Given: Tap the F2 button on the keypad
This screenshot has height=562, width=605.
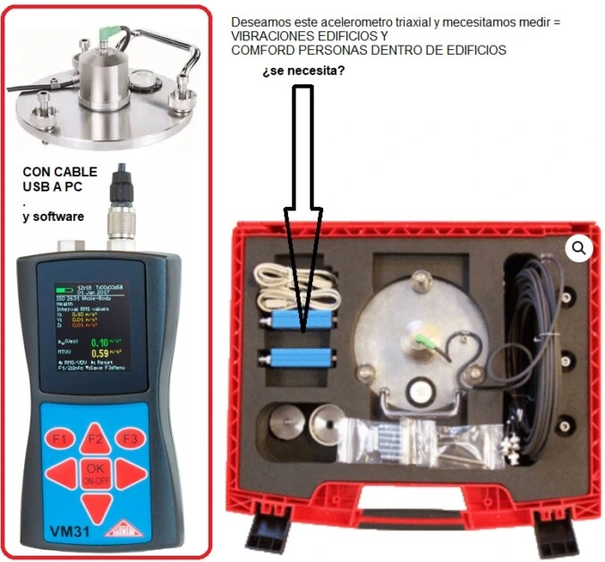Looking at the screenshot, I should tap(95, 438).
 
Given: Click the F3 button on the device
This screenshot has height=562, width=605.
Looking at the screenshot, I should tap(131, 439).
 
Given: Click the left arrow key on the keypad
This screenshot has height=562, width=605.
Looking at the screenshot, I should tap(60, 473).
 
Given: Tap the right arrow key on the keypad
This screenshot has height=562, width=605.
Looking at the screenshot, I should tap(131, 473).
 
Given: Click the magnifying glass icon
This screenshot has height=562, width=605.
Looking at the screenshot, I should tap(579, 247).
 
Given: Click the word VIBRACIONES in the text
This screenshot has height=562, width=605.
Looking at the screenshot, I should tap(267, 36).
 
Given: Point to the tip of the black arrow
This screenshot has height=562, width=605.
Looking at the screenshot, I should tap(303, 329).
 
